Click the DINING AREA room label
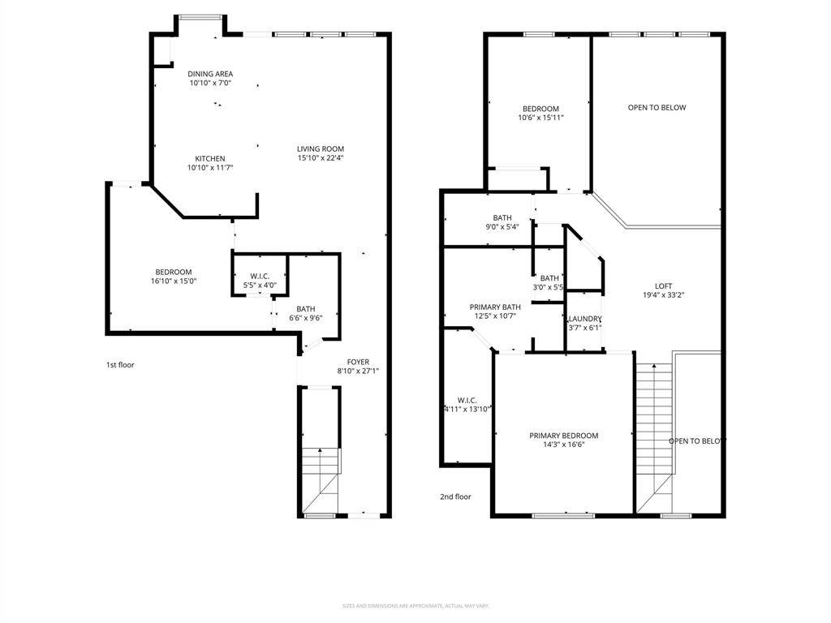click(x=210, y=74)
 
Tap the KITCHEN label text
click(x=210, y=159)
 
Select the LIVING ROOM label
click(x=320, y=148)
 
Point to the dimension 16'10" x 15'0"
click(x=174, y=281)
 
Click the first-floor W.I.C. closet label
click(x=260, y=276)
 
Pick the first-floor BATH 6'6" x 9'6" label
click(x=306, y=309)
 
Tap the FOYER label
click(x=358, y=362)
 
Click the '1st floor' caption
click(x=120, y=365)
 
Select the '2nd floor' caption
click(x=455, y=496)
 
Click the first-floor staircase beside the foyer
click(x=319, y=479)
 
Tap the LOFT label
click(x=663, y=286)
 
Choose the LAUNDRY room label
click(x=584, y=319)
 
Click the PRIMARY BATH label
click(x=495, y=307)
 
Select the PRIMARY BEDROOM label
click(x=563, y=436)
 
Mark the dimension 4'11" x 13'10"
click(x=467, y=410)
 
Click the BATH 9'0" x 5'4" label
click(x=502, y=217)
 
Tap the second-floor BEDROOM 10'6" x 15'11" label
click(x=540, y=109)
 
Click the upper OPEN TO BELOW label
click(x=657, y=108)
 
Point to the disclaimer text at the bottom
click(x=415, y=606)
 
